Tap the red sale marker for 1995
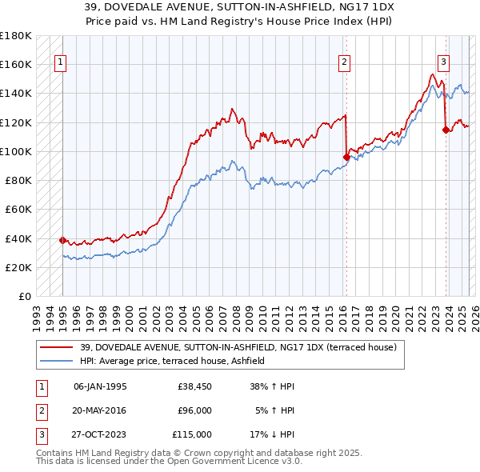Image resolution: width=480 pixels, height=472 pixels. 62,240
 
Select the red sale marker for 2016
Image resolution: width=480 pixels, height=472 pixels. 346,157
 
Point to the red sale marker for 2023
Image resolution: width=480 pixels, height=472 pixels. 446,129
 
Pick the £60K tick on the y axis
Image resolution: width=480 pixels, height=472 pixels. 19,210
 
